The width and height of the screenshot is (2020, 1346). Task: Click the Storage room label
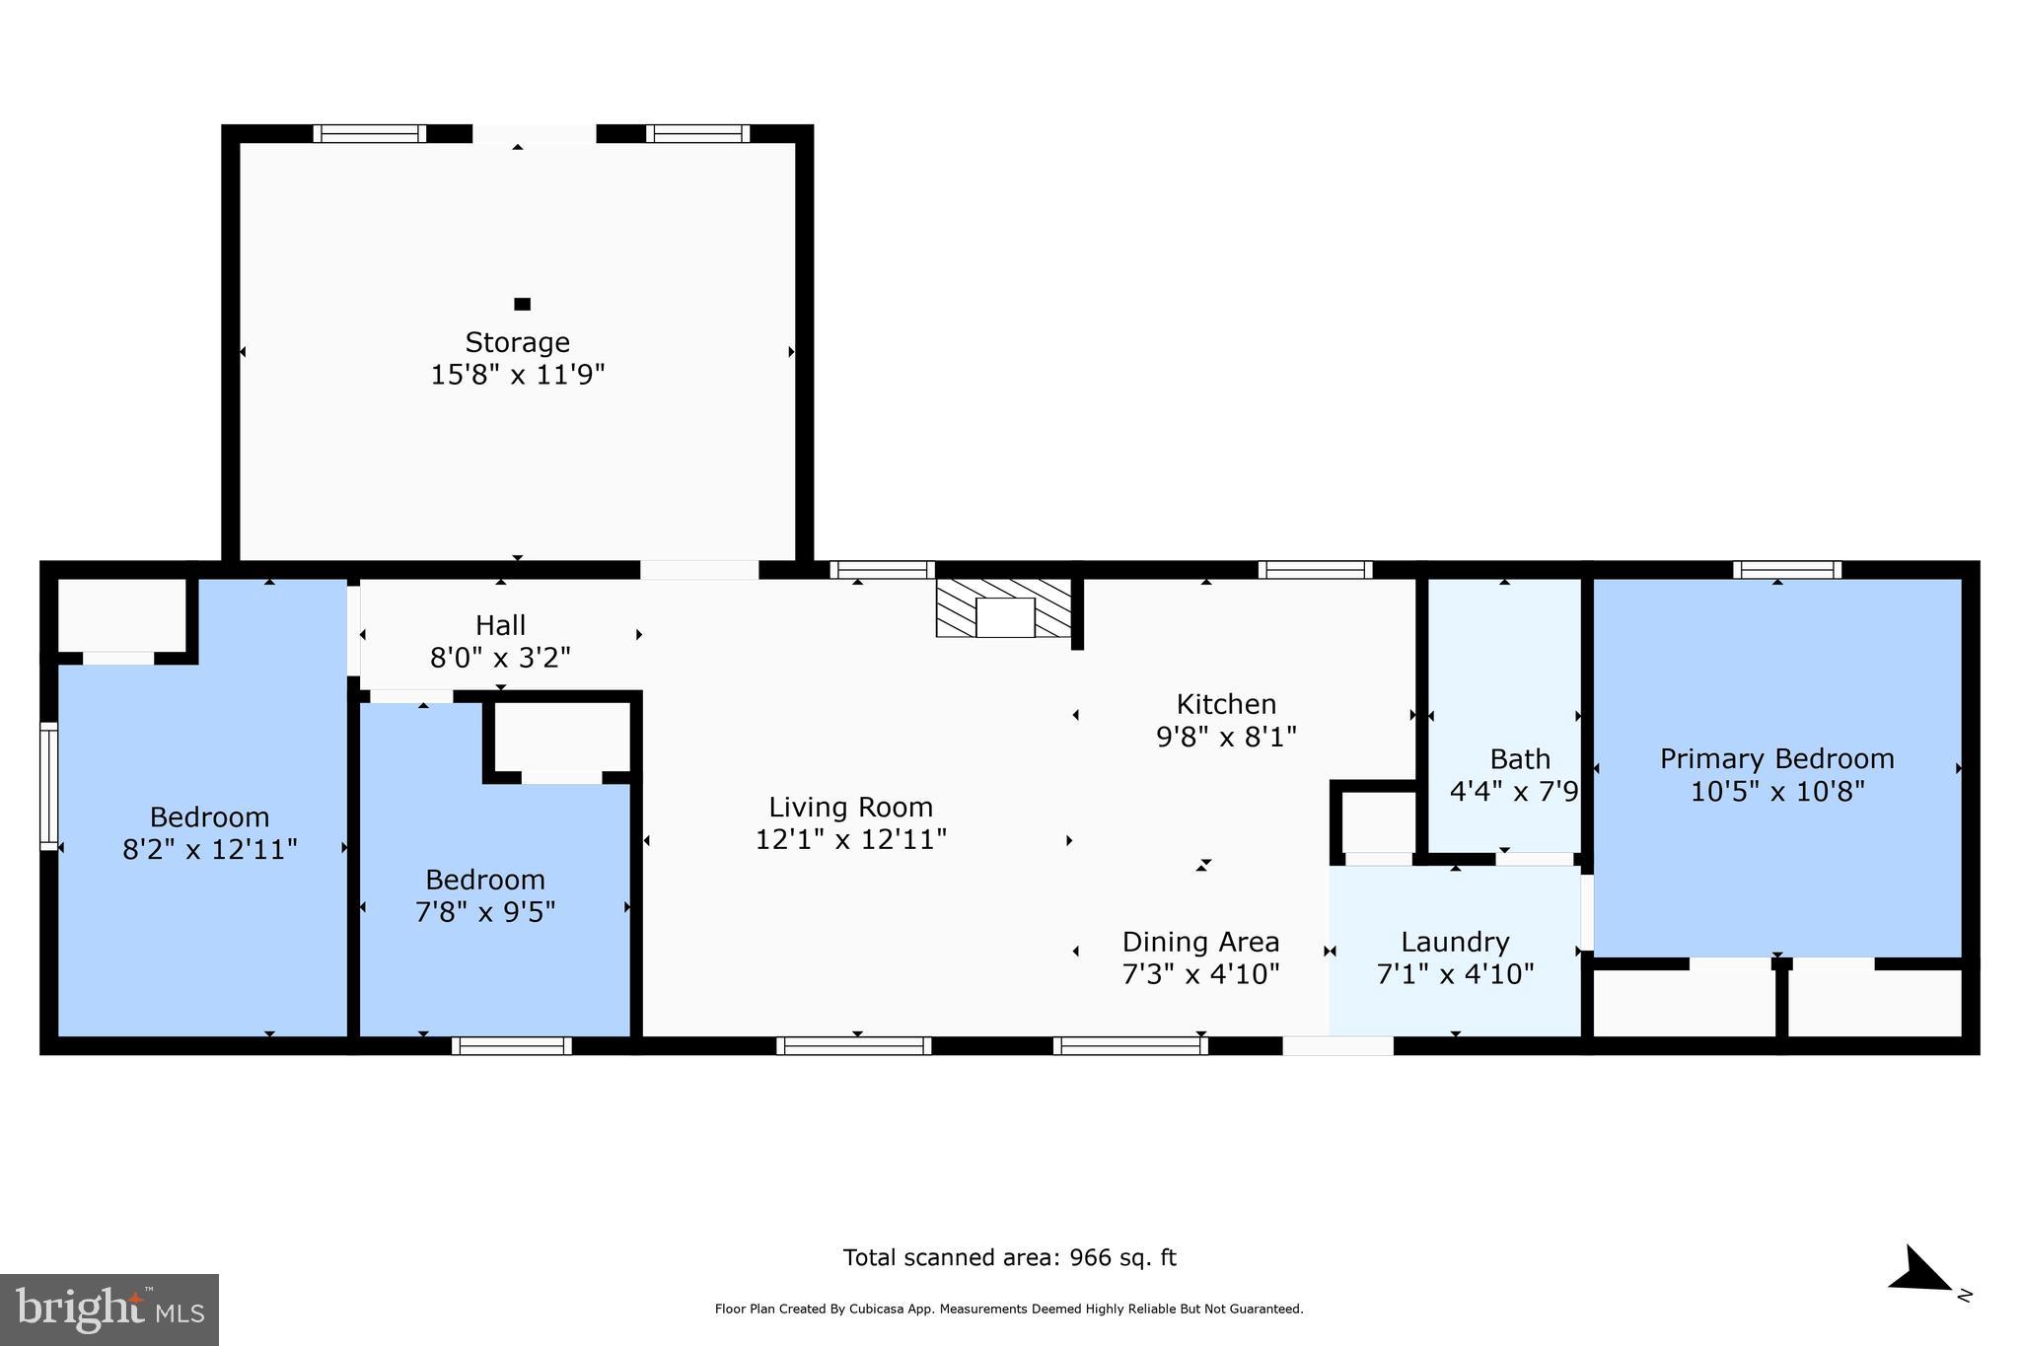point(517,342)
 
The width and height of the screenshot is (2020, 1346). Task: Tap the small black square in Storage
point(522,304)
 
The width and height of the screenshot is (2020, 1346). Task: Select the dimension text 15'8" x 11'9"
point(517,375)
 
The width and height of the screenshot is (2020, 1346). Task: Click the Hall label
point(500,625)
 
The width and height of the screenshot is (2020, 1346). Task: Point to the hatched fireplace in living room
point(1004,608)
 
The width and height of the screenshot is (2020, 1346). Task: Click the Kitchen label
point(1226,704)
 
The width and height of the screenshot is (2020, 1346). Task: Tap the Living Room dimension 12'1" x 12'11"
point(850,839)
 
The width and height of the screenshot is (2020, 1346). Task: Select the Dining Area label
point(1200,942)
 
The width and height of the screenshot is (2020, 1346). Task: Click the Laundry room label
point(1455,942)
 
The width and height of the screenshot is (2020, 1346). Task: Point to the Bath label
point(1519,759)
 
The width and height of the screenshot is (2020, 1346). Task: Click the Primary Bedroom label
point(1776,758)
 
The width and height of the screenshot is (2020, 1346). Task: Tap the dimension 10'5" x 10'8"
point(1776,791)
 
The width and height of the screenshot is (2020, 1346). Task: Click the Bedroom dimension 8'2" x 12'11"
point(209,849)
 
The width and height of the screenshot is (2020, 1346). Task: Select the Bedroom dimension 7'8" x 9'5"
point(485,911)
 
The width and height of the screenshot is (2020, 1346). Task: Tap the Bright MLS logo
point(109,1310)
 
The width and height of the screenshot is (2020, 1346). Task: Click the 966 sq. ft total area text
point(1009,1257)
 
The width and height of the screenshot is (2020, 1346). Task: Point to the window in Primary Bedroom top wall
point(1787,569)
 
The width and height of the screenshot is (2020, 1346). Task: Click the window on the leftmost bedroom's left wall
point(48,785)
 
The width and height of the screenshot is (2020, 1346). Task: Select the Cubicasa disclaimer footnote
point(1008,1310)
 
